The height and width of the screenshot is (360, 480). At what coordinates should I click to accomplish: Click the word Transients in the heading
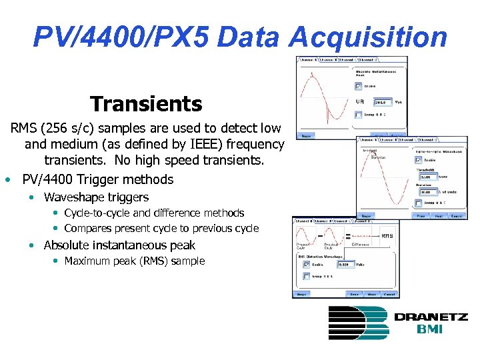coord(146,104)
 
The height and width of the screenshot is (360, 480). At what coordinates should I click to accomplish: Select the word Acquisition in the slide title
coord(369,37)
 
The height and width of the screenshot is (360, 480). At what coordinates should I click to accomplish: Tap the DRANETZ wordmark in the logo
coord(430,317)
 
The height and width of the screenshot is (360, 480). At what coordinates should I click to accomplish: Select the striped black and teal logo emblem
coord(358,323)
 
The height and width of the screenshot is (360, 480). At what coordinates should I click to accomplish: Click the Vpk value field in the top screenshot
coord(383,102)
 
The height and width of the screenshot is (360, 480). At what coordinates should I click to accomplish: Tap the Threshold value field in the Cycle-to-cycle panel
coord(428,177)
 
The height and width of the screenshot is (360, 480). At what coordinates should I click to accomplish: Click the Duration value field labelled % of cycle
coord(428,191)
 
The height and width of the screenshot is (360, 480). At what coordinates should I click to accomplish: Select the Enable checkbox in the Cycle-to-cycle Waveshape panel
coord(419,160)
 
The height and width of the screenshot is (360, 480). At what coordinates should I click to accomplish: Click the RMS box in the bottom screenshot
coord(387,235)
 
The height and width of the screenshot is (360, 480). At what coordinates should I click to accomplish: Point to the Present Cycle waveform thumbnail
coord(304,235)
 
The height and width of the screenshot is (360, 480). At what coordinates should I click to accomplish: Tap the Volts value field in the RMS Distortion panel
coord(347,264)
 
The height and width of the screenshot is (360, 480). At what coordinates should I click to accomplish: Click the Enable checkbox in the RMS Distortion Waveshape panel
coord(305,264)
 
